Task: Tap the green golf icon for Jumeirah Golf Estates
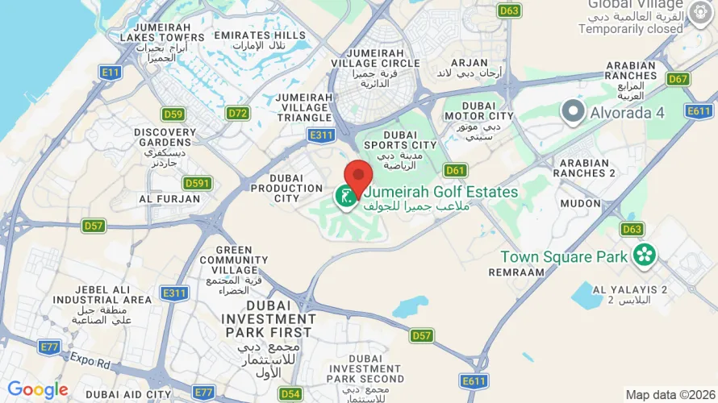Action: [x=346, y=195]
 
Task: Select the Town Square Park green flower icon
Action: [x=645, y=256]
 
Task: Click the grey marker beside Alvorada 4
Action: [x=573, y=110]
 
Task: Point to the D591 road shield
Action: [x=197, y=183]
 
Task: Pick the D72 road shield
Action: [x=237, y=113]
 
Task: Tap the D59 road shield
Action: [x=173, y=113]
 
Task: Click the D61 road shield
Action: [x=455, y=170]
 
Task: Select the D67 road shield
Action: [x=678, y=78]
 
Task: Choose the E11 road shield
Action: [x=111, y=72]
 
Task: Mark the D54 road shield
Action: [x=290, y=393]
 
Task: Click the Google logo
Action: [x=38, y=391]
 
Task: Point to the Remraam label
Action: [x=516, y=272]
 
